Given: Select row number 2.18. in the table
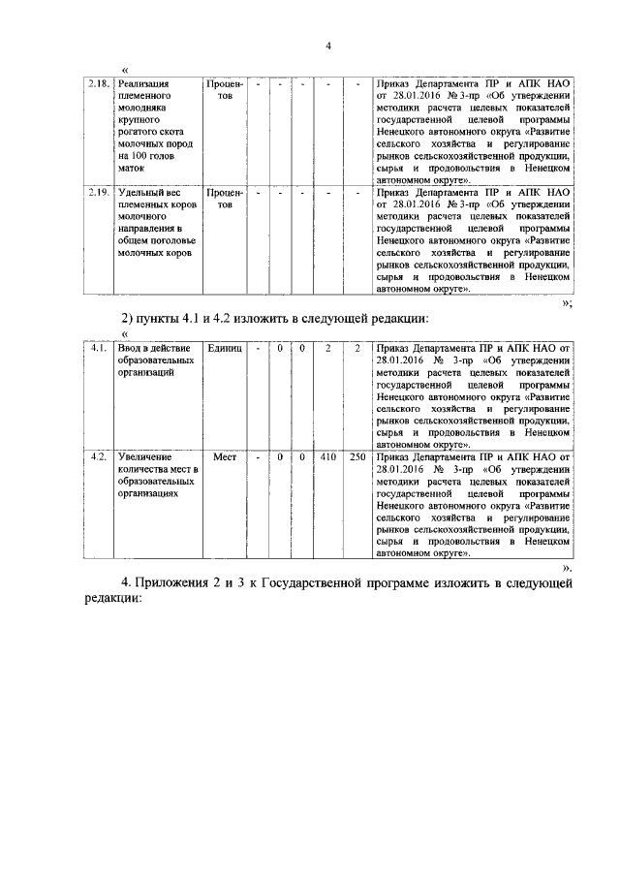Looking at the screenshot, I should click(97, 84).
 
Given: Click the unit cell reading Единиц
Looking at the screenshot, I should click(225, 347).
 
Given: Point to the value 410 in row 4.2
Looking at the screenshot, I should click(327, 455).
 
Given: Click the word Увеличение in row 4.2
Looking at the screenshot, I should click(144, 455).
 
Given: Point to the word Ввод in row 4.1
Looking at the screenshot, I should click(127, 347).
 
